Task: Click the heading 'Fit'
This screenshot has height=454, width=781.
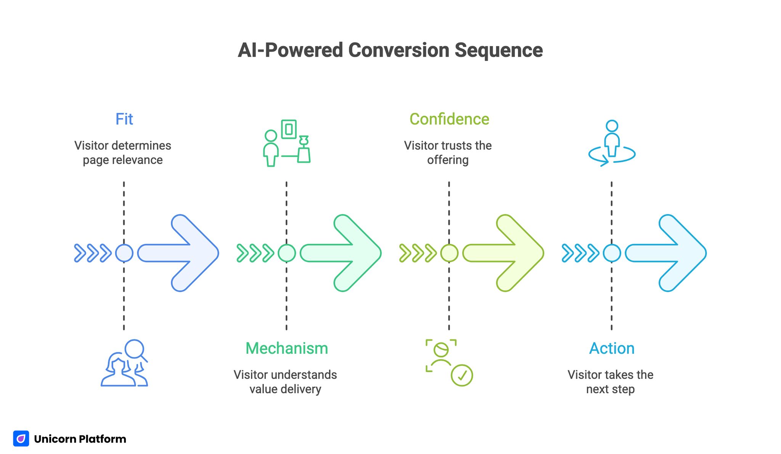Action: coord(124,119)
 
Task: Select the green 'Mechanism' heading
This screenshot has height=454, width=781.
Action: coord(286,348)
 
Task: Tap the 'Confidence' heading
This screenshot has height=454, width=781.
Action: coord(449,119)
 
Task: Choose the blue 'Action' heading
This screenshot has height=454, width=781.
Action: coord(611,348)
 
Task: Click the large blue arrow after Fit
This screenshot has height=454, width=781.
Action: coord(183,253)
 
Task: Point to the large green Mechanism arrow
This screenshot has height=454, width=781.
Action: coord(345,253)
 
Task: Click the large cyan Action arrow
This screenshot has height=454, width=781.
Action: coord(670,253)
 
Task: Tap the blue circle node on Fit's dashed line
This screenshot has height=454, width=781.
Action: coord(124,253)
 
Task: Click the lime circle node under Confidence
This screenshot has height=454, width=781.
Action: coord(449,253)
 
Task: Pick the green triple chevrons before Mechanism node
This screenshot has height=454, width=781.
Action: coord(255,253)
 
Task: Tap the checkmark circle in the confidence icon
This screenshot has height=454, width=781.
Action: coord(462,375)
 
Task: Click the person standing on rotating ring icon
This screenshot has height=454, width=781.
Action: coord(612,144)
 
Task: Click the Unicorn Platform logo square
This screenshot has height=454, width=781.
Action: coord(21,438)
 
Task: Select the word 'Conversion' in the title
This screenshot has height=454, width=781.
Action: coord(399,50)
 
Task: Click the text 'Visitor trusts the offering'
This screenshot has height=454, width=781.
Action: coord(448,152)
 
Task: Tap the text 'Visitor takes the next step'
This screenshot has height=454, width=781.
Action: coord(610,382)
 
